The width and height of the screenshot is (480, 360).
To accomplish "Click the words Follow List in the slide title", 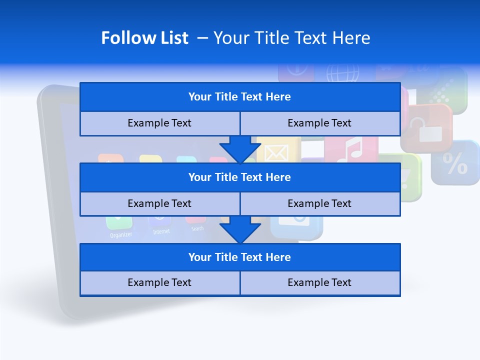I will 144,38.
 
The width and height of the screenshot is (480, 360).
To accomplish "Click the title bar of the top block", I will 239,97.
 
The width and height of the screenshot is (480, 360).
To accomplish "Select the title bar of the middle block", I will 239,177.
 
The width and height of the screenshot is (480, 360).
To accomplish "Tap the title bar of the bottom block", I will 239,257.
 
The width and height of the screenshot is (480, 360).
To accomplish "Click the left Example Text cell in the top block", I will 159,123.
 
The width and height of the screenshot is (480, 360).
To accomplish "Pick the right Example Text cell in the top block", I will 319,123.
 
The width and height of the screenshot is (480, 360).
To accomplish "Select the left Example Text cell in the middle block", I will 159,203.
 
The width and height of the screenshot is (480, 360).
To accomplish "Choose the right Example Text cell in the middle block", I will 319,203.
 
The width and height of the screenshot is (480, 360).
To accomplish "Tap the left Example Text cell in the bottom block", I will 159,282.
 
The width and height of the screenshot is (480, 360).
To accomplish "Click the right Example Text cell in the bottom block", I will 319,282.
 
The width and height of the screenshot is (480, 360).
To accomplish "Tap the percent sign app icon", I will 455,163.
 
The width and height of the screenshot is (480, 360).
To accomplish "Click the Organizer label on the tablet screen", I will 121,234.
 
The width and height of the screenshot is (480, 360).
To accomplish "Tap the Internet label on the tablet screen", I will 161,231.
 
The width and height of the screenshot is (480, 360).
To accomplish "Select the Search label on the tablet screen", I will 197,229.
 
